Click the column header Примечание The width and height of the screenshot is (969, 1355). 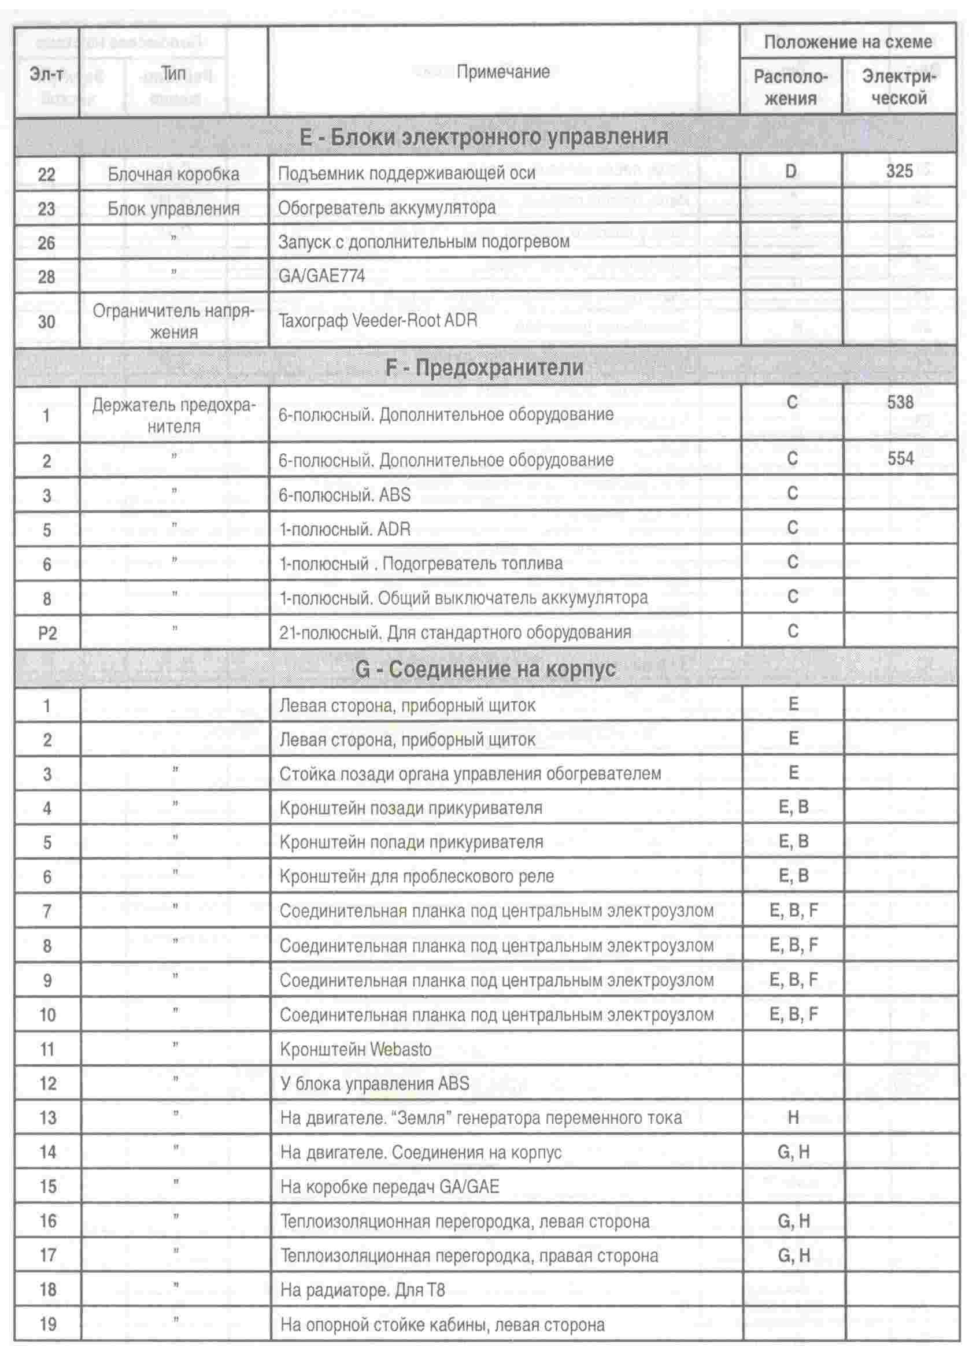502,72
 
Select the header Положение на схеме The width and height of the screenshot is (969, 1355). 847,42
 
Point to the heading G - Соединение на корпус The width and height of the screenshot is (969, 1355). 484,669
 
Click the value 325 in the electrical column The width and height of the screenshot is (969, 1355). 899,172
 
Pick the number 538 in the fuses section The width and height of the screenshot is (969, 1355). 900,403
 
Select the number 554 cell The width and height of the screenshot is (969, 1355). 900,459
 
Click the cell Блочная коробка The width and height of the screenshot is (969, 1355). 173,174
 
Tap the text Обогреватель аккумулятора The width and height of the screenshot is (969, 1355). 387,208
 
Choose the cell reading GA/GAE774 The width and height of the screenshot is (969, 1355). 321,276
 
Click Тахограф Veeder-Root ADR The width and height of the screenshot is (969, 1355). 378,320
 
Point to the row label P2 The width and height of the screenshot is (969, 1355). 47,632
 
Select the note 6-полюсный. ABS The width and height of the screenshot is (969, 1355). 345,495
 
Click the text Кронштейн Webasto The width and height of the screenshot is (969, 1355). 355,1050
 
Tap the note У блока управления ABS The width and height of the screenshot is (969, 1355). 374,1083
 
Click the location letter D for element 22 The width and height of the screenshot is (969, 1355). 790,172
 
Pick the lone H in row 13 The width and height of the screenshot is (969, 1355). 793,1117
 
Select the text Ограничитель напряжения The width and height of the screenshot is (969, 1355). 173,321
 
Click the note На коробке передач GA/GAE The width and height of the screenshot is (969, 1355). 389,1187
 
